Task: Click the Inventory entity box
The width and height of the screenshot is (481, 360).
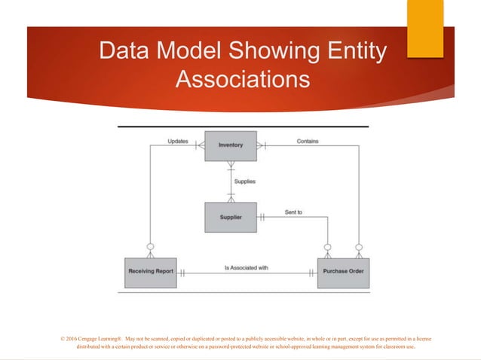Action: point(230,145)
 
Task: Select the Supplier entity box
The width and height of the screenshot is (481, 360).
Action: point(230,218)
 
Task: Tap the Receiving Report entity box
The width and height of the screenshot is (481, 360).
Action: point(151,272)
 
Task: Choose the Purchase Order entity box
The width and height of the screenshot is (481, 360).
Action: point(343,272)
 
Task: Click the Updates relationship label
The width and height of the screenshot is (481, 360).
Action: point(178,141)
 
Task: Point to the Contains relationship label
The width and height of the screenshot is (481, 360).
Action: point(307,141)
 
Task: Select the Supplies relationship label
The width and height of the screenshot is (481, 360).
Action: point(244,182)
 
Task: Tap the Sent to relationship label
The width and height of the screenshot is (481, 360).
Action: point(293,212)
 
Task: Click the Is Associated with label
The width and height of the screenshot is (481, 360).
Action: point(246,267)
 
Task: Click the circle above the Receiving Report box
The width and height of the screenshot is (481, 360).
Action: point(150,247)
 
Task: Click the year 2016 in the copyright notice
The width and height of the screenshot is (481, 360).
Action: point(72,340)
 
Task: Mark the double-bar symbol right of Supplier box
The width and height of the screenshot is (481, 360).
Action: point(262,218)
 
